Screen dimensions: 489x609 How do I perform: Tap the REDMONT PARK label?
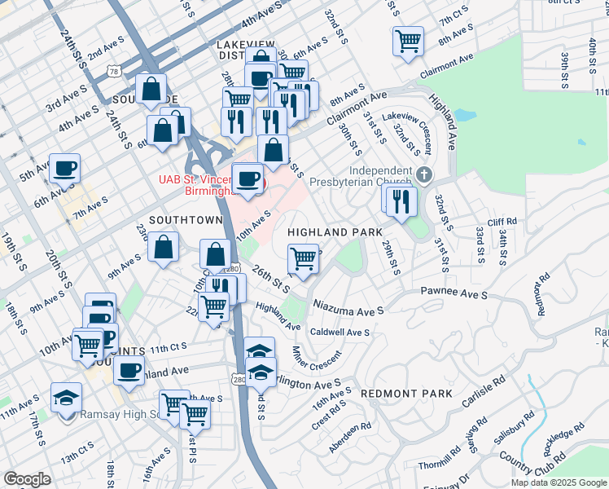(x=406, y=394)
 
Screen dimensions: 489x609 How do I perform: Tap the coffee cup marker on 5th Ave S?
(x=65, y=170)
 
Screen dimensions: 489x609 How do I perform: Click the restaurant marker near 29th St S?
(x=401, y=200)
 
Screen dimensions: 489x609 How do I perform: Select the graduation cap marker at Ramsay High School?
(x=66, y=399)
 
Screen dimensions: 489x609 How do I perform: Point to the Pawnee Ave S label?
(x=453, y=292)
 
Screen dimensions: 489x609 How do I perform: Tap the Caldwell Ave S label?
(x=339, y=333)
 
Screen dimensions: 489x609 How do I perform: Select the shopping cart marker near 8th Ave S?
(x=408, y=40)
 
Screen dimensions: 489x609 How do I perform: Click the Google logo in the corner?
(x=26, y=479)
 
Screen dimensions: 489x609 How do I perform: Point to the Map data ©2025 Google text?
(x=558, y=482)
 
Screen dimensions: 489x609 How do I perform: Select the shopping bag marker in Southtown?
(x=164, y=248)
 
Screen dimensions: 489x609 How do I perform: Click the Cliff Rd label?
(x=502, y=221)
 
